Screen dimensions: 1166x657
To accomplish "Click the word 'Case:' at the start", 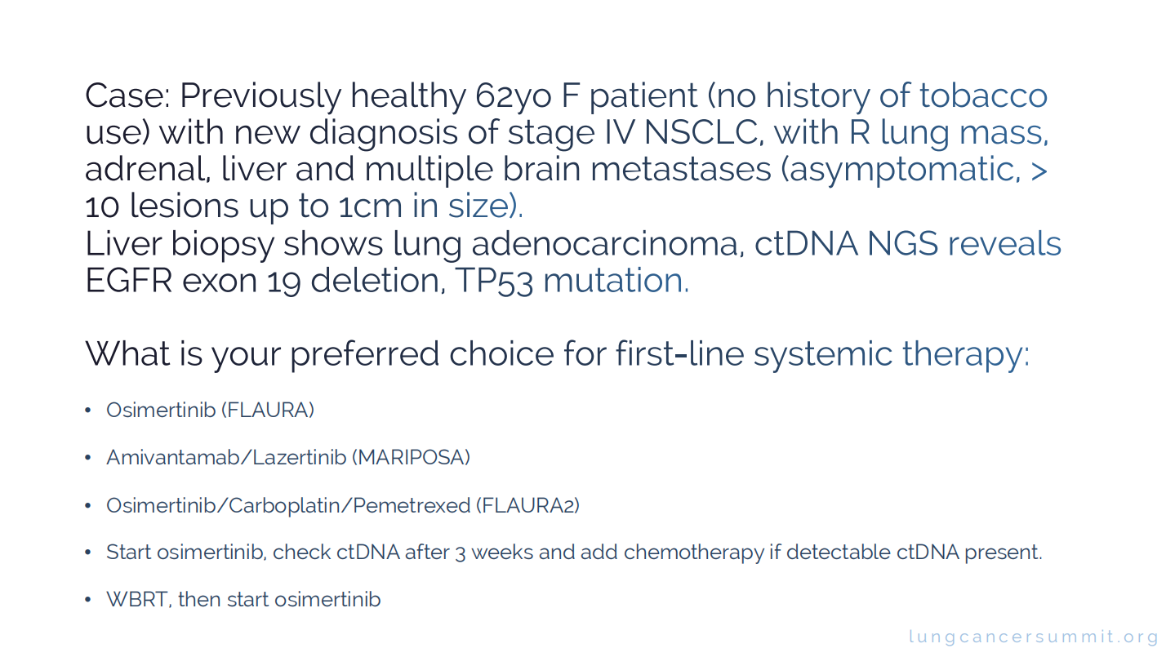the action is click(127, 95).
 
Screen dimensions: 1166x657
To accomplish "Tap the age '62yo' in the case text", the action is click(513, 97).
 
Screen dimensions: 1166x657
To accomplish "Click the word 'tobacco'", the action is click(983, 95).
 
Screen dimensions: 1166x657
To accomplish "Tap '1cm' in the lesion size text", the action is click(371, 206).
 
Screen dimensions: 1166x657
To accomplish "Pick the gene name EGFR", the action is click(128, 281).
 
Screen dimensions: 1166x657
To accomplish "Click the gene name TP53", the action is click(494, 282).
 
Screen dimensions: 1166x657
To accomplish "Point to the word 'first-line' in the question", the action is click(680, 353).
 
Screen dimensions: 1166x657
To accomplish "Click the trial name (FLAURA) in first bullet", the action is click(268, 411).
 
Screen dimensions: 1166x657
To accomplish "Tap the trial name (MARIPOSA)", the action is click(412, 458).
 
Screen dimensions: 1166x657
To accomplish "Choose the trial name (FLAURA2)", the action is click(527, 506).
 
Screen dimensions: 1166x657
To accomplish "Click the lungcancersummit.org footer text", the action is click(1033, 637).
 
